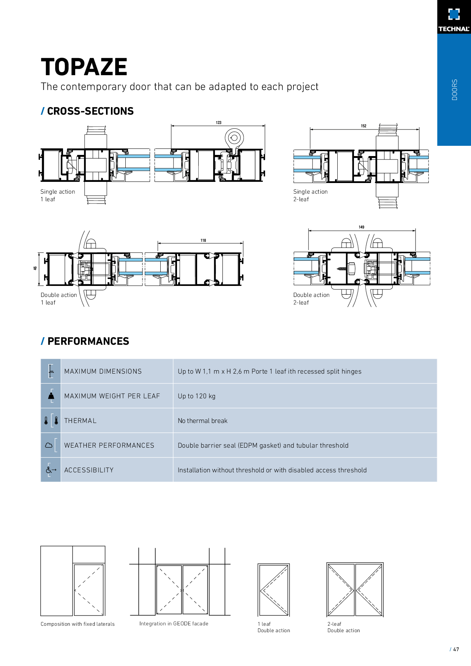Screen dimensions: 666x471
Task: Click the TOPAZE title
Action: click(x=84, y=67)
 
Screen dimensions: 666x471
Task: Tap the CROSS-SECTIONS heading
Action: click(x=90, y=111)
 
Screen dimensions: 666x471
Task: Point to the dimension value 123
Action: click(x=218, y=123)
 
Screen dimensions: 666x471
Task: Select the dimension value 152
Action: click(x=364, y=126)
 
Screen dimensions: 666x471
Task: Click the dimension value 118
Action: click(x=203, y=240)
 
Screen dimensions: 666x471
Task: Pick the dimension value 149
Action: click(x=361, y=227)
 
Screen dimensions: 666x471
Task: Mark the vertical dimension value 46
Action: click(x=35, y=268)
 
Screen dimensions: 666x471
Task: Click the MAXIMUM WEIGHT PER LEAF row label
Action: click(x=112, y=396)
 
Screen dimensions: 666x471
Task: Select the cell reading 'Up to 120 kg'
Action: click(x=196, y=396)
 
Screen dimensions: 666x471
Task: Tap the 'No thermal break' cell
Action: click(x=202, y=421)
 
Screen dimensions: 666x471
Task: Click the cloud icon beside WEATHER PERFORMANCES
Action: click(x=49, y=445)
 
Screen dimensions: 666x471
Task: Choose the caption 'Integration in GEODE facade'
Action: click(x=174, y=623)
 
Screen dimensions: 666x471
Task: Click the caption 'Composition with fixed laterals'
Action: click(x=77, y=624)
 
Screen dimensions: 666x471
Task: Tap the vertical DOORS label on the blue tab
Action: click(x=454, y=90)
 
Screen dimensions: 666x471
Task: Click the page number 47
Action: click(x=456, y=649)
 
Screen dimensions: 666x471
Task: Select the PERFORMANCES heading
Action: click(x=88, y=341)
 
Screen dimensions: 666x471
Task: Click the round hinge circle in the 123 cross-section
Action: click(x=234, y=138)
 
